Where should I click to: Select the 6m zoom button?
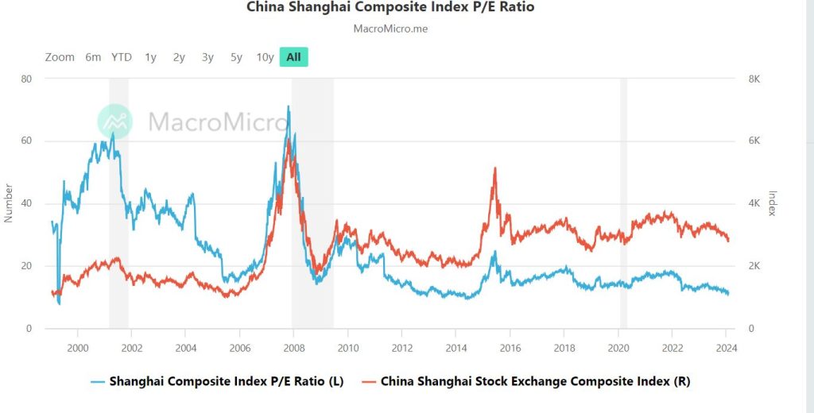[93, 57]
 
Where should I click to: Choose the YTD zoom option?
[122, 57]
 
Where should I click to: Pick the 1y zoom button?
[150, 57]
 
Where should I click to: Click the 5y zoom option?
[236, 57]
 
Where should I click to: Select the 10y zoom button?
[265, 57]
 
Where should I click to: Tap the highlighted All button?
[293, 57]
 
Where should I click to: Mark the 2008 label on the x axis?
[293, 348]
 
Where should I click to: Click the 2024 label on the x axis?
[726, 348]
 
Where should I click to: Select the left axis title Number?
[9, 203]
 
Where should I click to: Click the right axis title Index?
[770, 203]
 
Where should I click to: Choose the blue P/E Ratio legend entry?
[218, 381]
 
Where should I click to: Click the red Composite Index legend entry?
[525, 381]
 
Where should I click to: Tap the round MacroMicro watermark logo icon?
[115, 122]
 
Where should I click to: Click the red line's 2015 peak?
[495, 168]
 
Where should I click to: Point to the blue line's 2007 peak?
[289, 106]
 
